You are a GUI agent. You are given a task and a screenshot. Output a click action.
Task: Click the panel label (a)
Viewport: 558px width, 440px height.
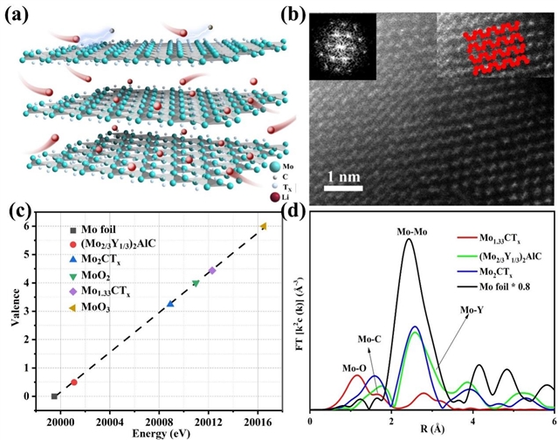click(x=19, y=13)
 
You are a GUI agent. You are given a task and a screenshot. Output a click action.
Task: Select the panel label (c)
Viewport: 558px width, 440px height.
click(x=18, y=214)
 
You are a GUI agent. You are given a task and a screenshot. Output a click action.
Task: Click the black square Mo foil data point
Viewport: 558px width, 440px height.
click(x=55, y=395)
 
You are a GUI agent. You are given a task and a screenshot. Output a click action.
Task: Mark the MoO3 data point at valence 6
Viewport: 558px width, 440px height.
click(x=264, y=226)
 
